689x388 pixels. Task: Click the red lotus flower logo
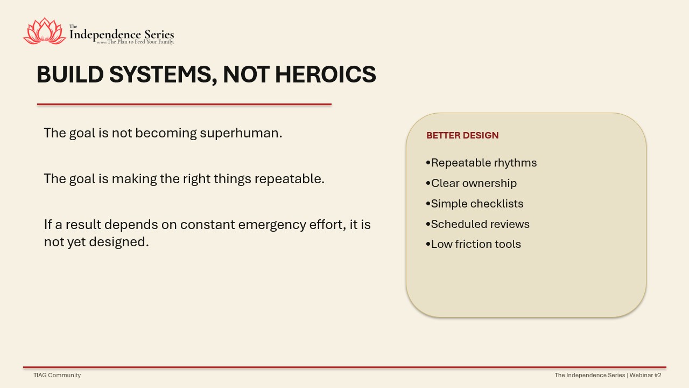(x=45, y=31)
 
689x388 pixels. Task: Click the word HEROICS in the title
(x=326, y=74)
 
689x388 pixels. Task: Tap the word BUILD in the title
(x=70, y=74)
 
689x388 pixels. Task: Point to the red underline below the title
(x=184, y=105)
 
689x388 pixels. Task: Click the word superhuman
(x=241, y=133)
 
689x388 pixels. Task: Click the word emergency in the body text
(x=272, y=225)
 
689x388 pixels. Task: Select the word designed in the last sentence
(x=119, y=242)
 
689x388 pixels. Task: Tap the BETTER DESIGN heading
(x=462, y=135)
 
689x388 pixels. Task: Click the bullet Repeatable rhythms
(x=481, y=163)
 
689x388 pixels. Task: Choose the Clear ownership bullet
(x=471, y=184)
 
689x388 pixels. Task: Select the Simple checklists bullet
(x=475, y=204)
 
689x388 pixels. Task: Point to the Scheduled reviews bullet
(x=477, y=224)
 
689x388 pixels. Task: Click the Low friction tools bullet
(x=473, y=244)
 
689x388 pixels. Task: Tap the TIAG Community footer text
(x=57, y=375)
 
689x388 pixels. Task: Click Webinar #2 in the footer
(x=645, y=375)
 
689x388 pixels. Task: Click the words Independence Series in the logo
(x=122, y=34)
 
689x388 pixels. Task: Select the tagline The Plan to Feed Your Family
(x=140, y=42)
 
